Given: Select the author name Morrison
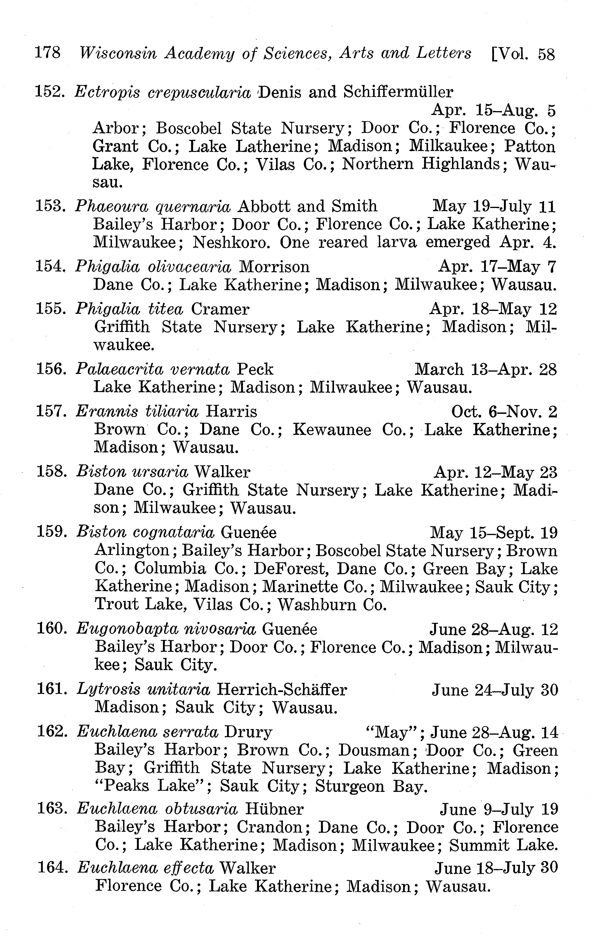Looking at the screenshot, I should (274, 267).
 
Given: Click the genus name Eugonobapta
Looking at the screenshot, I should (128, 629).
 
